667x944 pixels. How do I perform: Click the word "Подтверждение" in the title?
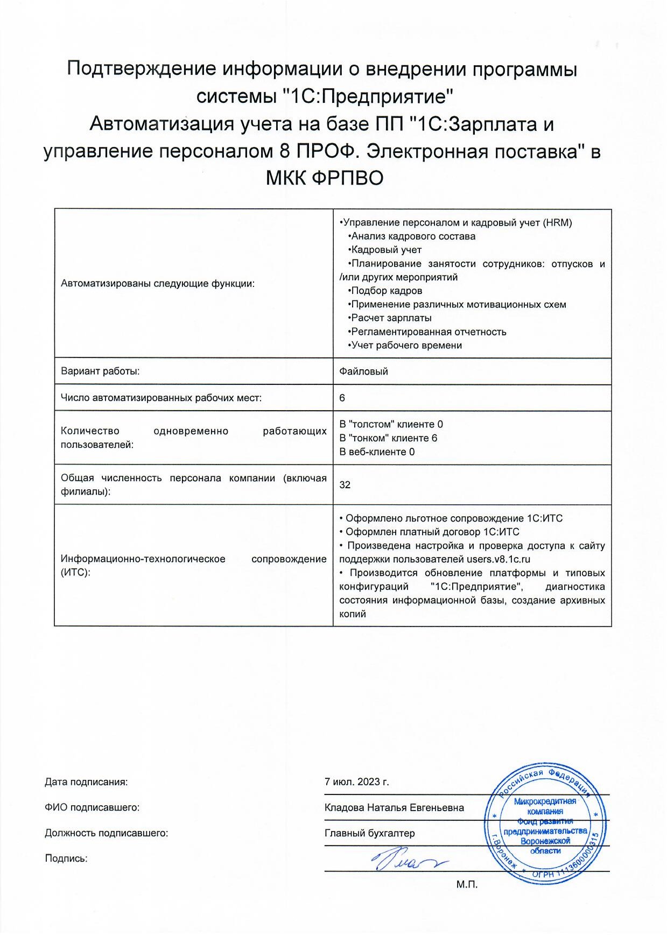coord(142,69)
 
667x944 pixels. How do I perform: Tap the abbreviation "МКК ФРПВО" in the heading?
coord(325,178)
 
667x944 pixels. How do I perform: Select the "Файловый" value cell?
coord(363,371)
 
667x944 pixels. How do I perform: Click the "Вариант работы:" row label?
coord(100,371)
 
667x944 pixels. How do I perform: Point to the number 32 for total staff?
coord(345,484)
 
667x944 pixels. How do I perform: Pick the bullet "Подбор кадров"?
coord(386,291)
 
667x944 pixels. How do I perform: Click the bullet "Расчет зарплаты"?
coord(391,318)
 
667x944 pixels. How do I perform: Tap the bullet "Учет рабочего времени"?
coord(406,346)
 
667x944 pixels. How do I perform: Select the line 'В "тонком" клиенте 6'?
coord(388,438)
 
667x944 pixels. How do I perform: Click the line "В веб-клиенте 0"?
coord(377,452)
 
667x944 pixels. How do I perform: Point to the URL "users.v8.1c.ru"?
coord(499,559)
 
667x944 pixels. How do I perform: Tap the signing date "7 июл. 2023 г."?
coord(356,782)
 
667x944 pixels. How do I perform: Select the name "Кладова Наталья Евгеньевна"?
coord(394,807)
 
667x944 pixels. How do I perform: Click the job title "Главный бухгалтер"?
coord(370,833)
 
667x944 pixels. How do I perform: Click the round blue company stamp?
coord(545,823)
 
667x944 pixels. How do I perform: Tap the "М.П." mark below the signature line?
coord(467,884)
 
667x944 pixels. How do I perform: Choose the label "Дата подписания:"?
coord(86,782)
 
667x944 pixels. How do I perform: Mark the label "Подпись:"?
coord(66,858)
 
